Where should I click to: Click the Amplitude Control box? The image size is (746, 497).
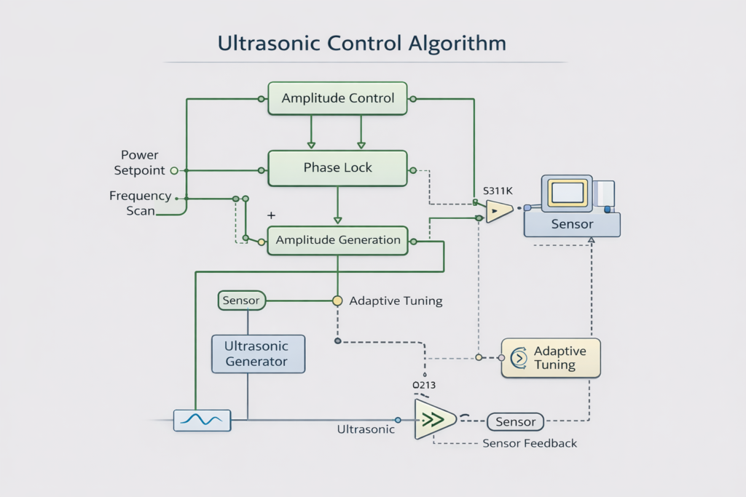(337, 98)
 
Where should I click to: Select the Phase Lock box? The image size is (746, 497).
(337, 168)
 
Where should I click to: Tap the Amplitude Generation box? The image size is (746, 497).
(337, 240)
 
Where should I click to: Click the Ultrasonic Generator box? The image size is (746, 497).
(256, 354)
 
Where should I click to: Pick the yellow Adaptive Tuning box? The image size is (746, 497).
(551, 357)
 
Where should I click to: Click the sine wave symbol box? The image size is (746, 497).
(202, 420)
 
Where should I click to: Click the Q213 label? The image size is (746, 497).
(424, 384)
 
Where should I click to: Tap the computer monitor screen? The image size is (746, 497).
(567, 192)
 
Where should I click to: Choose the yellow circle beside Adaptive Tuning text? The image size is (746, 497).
(337, 301)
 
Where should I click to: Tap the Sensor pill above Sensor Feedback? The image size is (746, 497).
(515, 421)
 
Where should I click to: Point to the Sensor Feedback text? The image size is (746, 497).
(530, 443)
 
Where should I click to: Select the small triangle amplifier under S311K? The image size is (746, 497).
(498, 212)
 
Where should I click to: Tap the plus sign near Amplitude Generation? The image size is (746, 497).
(271, 216)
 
